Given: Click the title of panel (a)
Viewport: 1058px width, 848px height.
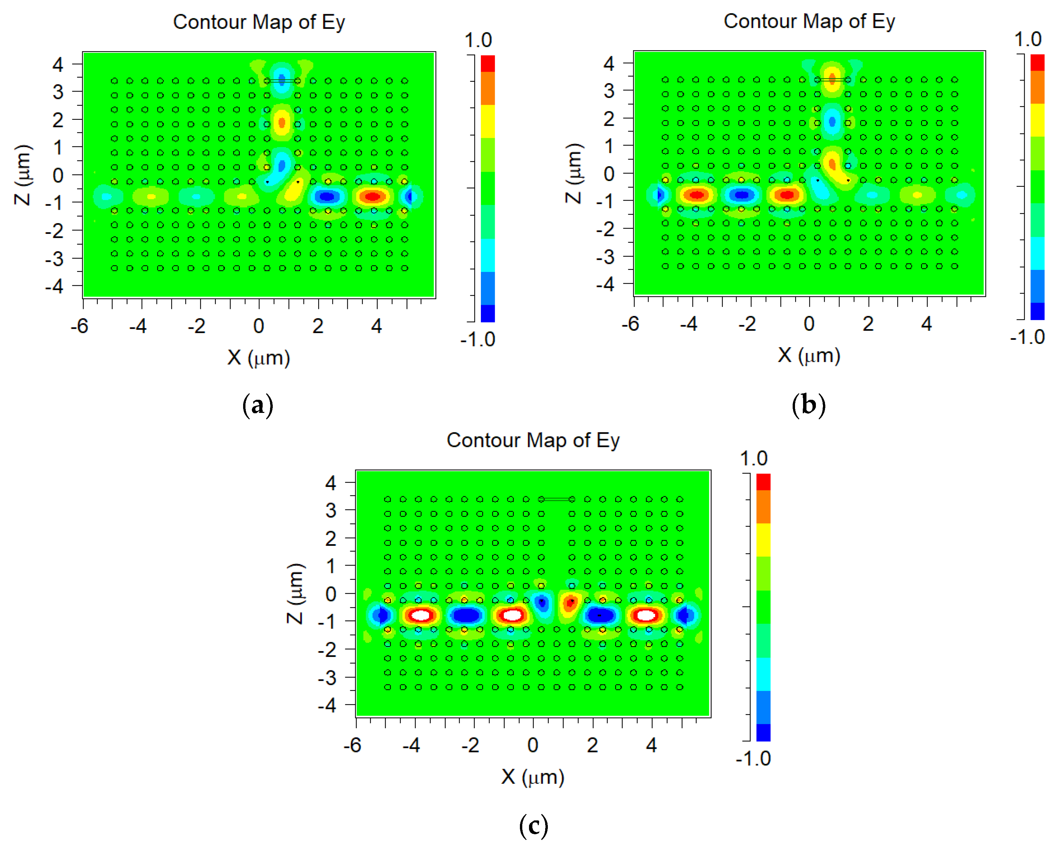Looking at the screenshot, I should pos(259,22).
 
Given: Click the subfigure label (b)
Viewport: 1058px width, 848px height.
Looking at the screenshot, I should pos(808,405).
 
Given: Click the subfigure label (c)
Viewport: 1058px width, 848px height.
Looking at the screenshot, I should pos(533,825).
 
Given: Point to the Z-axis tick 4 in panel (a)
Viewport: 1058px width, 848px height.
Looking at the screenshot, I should pos(58,64).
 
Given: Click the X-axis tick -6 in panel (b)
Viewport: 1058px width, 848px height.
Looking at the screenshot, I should pos(630,324).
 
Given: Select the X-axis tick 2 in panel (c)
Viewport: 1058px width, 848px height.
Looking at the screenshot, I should pos(592,745).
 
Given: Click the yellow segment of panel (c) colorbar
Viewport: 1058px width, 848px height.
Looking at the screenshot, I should pos(763,539).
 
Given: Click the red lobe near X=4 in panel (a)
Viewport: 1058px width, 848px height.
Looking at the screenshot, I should pos(373,197).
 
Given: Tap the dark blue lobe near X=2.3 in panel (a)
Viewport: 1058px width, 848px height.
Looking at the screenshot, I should pos(327,197).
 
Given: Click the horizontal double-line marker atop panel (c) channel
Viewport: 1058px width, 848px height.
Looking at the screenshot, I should pos(557,499).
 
